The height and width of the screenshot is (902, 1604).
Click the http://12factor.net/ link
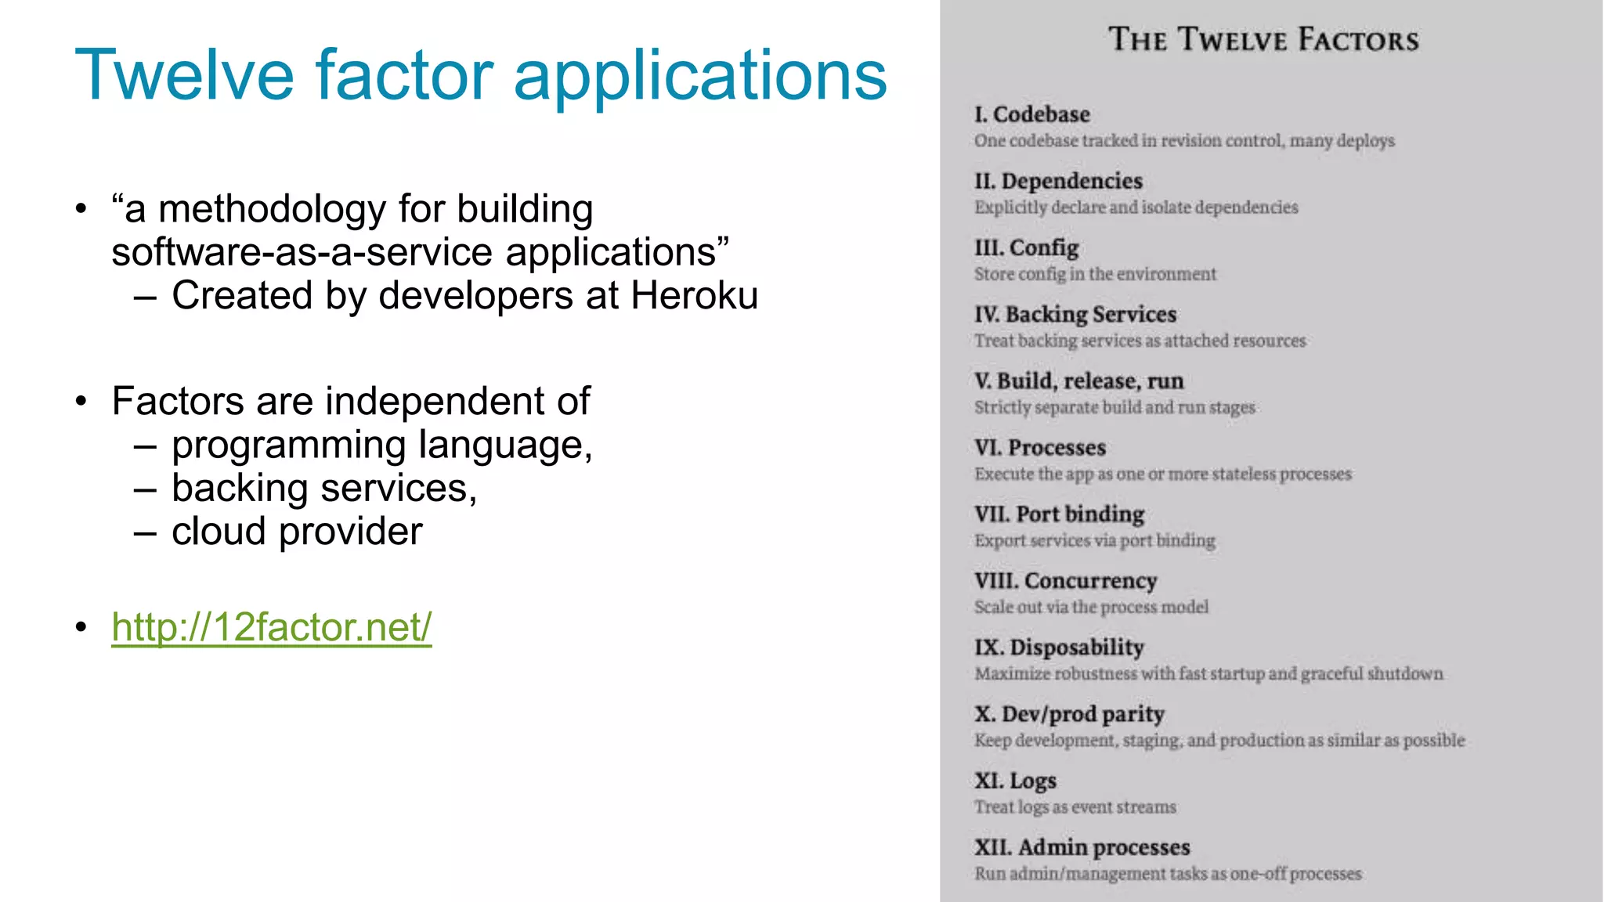(271, 627)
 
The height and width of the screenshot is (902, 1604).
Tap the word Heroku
(694, 296)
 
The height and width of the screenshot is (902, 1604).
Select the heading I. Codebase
(1031, 114)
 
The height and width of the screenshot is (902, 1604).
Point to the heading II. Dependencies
(1058, 181)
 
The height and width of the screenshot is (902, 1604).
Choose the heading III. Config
(1026, 247)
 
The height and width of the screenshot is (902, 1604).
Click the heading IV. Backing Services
(1075, 314)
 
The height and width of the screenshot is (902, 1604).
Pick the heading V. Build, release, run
(1078, 381)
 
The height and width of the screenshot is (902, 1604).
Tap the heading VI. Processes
(1039, 448)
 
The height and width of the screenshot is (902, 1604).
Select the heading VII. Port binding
(1059, 514)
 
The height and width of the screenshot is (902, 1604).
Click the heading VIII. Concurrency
(1065, 581)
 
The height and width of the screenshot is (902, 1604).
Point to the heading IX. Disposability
(1059, 648)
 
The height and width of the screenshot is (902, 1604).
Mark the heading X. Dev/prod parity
(1069, 714)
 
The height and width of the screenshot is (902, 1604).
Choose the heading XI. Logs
(1015, 781)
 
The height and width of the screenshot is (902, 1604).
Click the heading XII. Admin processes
(1082, 847)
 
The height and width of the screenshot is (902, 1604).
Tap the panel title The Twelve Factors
(1263, 39)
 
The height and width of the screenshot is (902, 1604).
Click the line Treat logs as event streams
(1075, 807)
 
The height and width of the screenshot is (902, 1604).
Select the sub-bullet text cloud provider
(297, 532)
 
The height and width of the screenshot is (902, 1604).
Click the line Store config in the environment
(1095, 274)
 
